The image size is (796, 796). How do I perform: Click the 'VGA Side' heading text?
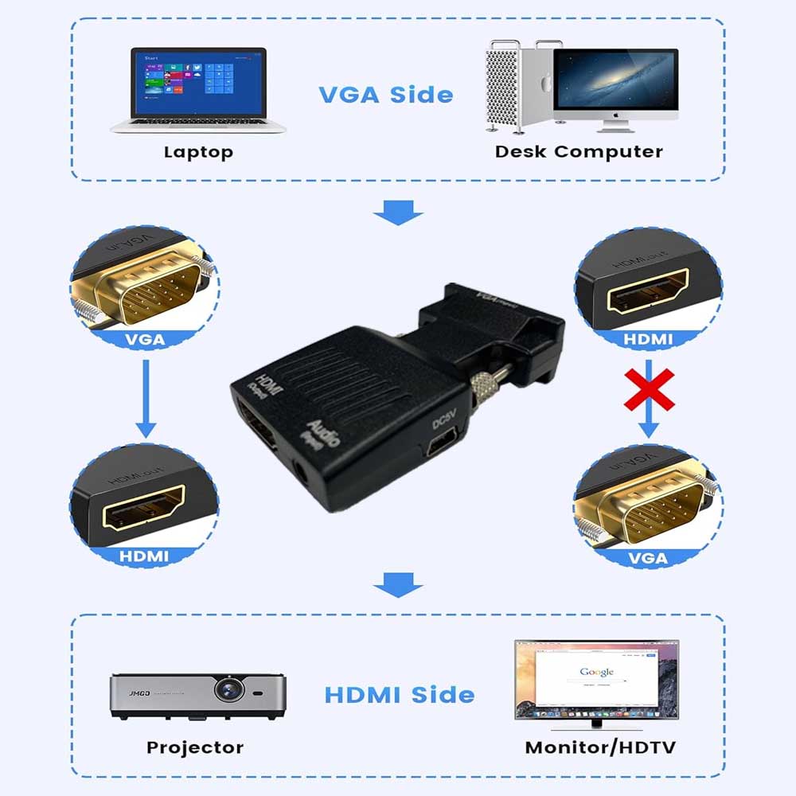tap(386, 95)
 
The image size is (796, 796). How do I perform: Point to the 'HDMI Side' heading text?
tap(400, 694)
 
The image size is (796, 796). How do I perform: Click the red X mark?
tap(649, 389)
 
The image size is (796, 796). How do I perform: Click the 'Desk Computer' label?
tap(579, 151)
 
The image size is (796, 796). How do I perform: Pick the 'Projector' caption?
tap(195, 747)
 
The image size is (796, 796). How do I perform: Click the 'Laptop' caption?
tap(198, 152)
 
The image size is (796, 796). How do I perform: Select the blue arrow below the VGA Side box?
tap(398, 213)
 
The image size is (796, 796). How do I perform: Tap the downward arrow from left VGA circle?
tap(145, 398)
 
